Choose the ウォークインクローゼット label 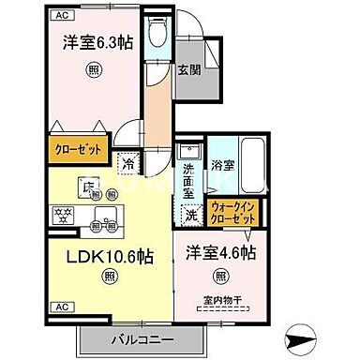tap(233, 211)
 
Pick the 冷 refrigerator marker tap(129, 162)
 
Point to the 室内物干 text tap(221, 301)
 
